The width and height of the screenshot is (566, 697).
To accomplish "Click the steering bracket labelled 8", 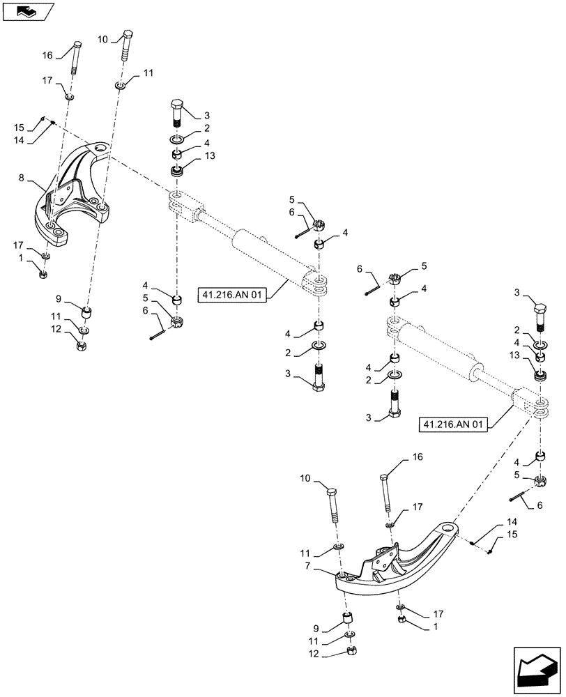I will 73,195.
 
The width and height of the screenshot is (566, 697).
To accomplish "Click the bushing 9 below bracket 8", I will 87,310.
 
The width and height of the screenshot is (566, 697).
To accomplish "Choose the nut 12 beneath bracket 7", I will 352,652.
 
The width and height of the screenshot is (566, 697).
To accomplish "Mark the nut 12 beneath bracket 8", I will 82,344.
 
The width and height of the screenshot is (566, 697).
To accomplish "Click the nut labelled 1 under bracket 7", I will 401,619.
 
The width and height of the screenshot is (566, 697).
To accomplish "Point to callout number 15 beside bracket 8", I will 20,128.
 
